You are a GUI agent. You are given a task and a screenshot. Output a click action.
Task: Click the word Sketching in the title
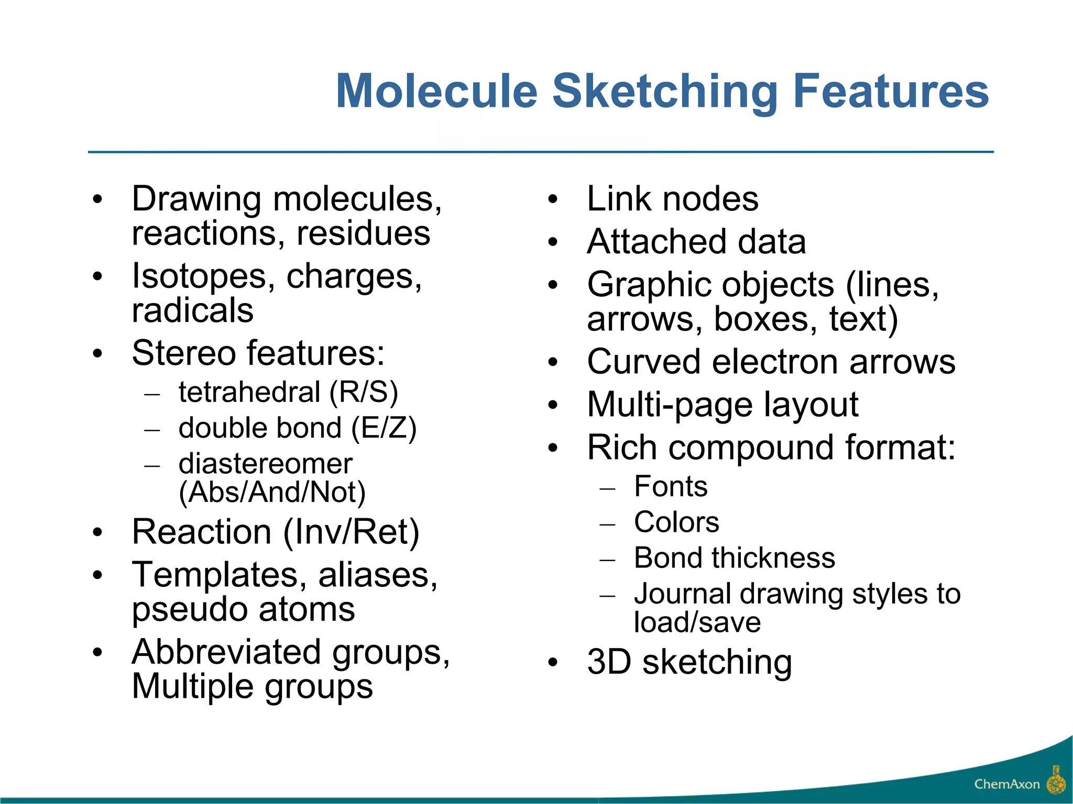[x=665, y=92]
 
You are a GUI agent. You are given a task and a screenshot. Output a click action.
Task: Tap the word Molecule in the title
[x=437, y=91]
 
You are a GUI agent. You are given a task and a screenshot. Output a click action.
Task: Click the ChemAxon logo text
[x=1006, y=784]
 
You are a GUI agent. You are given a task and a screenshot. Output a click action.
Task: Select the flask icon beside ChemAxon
[x=1056, y=780]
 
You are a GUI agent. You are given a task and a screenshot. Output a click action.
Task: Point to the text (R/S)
[x=364, y=393]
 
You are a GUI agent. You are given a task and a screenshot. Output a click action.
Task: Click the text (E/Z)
[x=384, y=428]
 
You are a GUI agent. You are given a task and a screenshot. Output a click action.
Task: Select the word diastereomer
[x=265, y=464]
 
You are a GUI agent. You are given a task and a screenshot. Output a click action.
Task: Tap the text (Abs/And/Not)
[x=272, y=493]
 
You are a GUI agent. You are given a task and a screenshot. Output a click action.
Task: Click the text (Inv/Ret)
[x=351, y=532]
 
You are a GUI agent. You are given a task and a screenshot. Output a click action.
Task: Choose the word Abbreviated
[x=226, y=652]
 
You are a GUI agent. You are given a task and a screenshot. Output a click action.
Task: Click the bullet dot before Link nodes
[x=553, y=200]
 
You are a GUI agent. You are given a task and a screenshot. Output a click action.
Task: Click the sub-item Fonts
[x=671, y=487]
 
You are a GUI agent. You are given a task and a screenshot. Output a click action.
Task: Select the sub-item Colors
[x=676, y=522]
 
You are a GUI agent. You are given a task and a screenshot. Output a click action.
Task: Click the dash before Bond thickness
[x=607, y=560]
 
